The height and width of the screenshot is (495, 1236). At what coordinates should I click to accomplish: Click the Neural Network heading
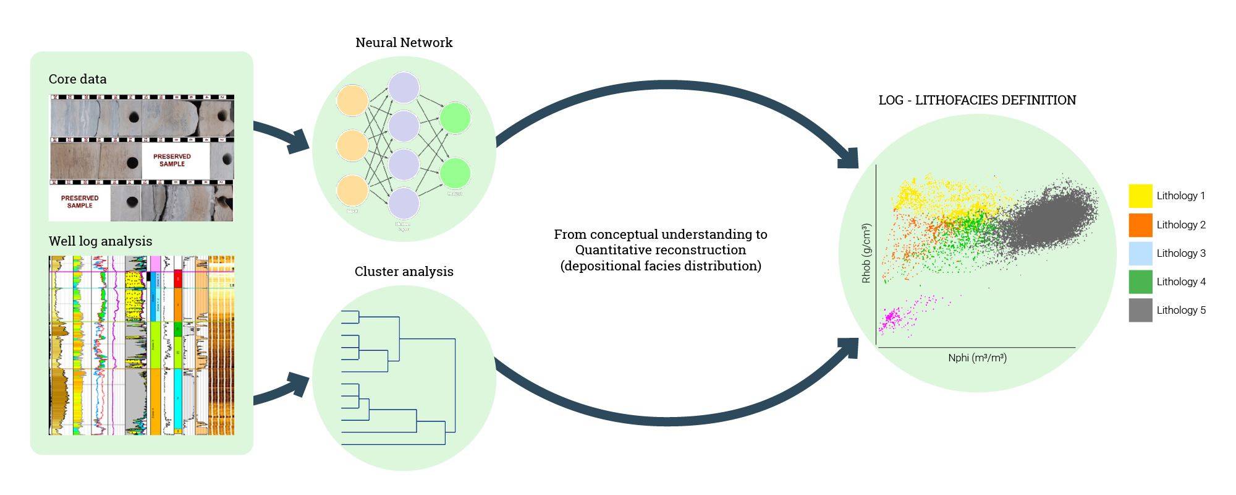[404, 43]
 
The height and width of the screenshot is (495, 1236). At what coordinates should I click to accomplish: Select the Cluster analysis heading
[404, 272]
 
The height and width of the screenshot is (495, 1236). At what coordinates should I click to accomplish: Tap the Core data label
[77, 79]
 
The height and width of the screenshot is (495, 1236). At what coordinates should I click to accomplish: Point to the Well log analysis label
[100, 241]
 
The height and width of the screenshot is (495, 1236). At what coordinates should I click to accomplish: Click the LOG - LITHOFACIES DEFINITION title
[976, 100]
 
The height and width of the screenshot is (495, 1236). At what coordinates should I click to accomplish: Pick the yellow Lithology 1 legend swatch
[1140, 196]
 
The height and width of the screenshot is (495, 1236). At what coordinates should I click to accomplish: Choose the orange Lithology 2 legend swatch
[1140, 225]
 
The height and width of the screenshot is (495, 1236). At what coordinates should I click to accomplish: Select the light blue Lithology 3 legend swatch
[1140, 253]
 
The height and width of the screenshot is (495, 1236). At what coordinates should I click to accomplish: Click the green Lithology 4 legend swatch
[1140, 282]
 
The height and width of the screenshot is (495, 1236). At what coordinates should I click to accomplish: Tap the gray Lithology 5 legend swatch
[1140, 310]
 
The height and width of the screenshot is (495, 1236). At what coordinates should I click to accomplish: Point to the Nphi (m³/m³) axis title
[977, 358]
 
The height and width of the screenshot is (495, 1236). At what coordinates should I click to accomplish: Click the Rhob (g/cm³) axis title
[866, 253]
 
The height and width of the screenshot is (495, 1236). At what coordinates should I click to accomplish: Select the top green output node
[455, 118]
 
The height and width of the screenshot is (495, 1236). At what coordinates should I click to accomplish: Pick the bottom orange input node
[352, 191]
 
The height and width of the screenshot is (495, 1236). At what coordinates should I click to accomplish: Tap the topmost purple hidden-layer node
[404, 88]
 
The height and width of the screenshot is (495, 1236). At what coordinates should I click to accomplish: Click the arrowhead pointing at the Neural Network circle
[298, 142]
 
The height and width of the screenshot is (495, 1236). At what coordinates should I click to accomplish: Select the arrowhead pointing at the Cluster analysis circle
[298, 384]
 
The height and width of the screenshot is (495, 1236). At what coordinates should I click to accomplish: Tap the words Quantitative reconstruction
[660, 250]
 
